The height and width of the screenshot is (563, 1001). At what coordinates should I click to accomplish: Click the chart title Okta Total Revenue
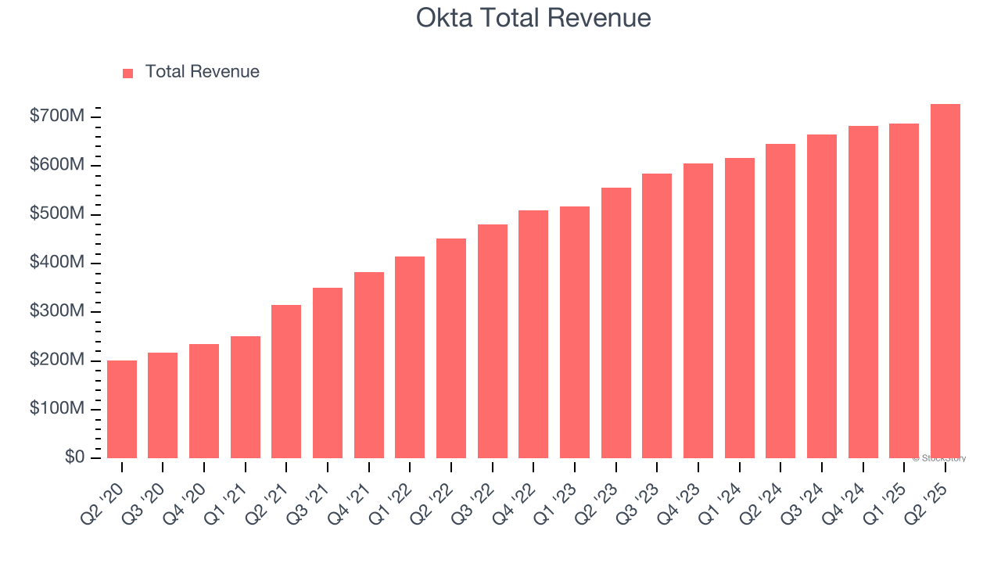coord(533,18)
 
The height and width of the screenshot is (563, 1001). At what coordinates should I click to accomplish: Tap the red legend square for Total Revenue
coord(128,73)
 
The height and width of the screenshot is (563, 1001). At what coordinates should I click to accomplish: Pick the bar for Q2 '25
coord(945,281)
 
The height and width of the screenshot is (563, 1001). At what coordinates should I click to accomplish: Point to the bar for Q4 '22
coord(533,334)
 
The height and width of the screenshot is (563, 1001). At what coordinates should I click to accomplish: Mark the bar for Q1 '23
coord(575,332)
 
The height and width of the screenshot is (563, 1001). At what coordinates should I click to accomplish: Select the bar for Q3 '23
coord(657,316)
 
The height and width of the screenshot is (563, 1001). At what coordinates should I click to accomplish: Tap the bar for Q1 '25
coord(904,291)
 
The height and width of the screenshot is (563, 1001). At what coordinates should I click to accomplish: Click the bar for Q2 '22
coord(451,348)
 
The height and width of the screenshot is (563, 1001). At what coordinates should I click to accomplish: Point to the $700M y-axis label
coord(56,117)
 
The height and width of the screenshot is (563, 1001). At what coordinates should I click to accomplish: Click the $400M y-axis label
coord(56,264)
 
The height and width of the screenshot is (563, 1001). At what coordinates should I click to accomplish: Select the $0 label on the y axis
coord(74,457)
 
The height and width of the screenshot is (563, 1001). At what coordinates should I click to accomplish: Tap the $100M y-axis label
coord(56,409)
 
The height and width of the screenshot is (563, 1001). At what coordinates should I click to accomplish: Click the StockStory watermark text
coord(939,458)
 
